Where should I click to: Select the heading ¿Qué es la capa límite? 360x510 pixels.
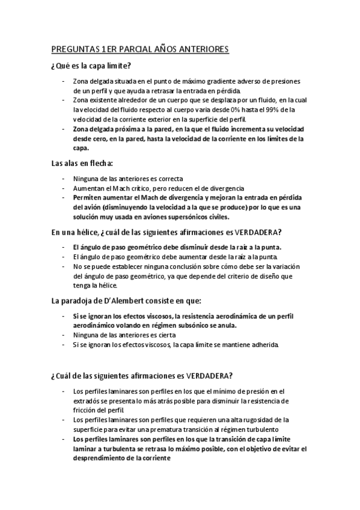pos(91,66)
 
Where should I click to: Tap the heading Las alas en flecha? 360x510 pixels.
pos(82,162)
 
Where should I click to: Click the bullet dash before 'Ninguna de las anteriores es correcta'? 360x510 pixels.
pos(64,179)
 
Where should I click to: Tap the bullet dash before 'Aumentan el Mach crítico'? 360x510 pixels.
pos(64,188)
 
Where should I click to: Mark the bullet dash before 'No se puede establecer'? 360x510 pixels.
pos(64,266)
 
